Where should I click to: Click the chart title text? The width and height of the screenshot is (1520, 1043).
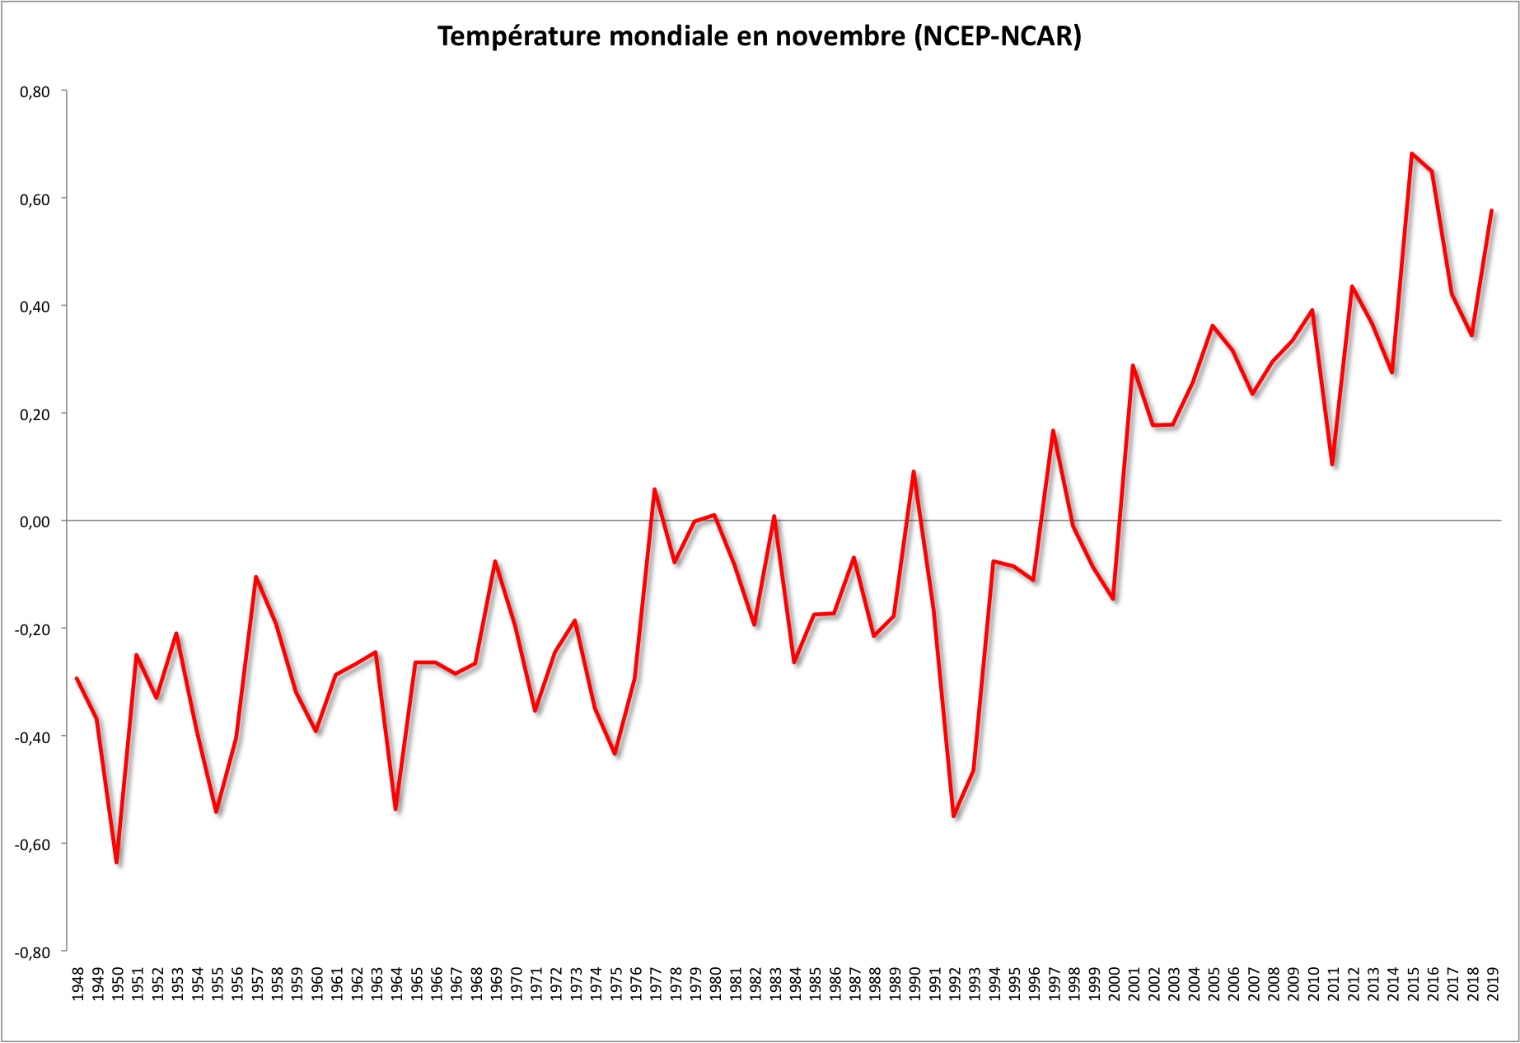[x=759, y=37]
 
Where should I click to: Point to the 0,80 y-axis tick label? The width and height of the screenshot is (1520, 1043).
[x=35, y=91]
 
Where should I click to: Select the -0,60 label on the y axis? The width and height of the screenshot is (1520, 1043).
[x=33, y=844]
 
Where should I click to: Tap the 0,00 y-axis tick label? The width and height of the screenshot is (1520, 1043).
[x=35, y=521]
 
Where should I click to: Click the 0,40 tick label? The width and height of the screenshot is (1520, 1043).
[x=35, y=306]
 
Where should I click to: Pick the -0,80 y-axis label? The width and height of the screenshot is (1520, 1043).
[x=33, y=952]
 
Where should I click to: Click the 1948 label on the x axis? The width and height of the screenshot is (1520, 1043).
[x=77, y=984]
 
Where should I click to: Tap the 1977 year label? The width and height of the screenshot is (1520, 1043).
[x=656, y=984]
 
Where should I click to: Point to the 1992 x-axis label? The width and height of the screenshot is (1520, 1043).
[x=955, y=984]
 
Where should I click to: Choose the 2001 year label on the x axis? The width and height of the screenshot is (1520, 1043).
[x=1134, y=984]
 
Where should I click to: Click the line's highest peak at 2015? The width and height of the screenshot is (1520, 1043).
[x=1412, y=154]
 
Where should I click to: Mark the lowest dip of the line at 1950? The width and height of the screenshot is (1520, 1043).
[x=117, y=862]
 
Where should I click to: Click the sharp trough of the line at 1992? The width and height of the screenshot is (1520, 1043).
[x=954, y=816]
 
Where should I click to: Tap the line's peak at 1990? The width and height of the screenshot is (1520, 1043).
[x=914, y=472]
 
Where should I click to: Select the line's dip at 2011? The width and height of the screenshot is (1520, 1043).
[x=1332, y=465]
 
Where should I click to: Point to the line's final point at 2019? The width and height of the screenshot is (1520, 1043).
[x=1491, y=212]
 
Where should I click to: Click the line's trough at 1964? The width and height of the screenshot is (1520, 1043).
[x=395, y=808]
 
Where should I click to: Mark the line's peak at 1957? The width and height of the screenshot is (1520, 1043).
[x=256, y=578]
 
